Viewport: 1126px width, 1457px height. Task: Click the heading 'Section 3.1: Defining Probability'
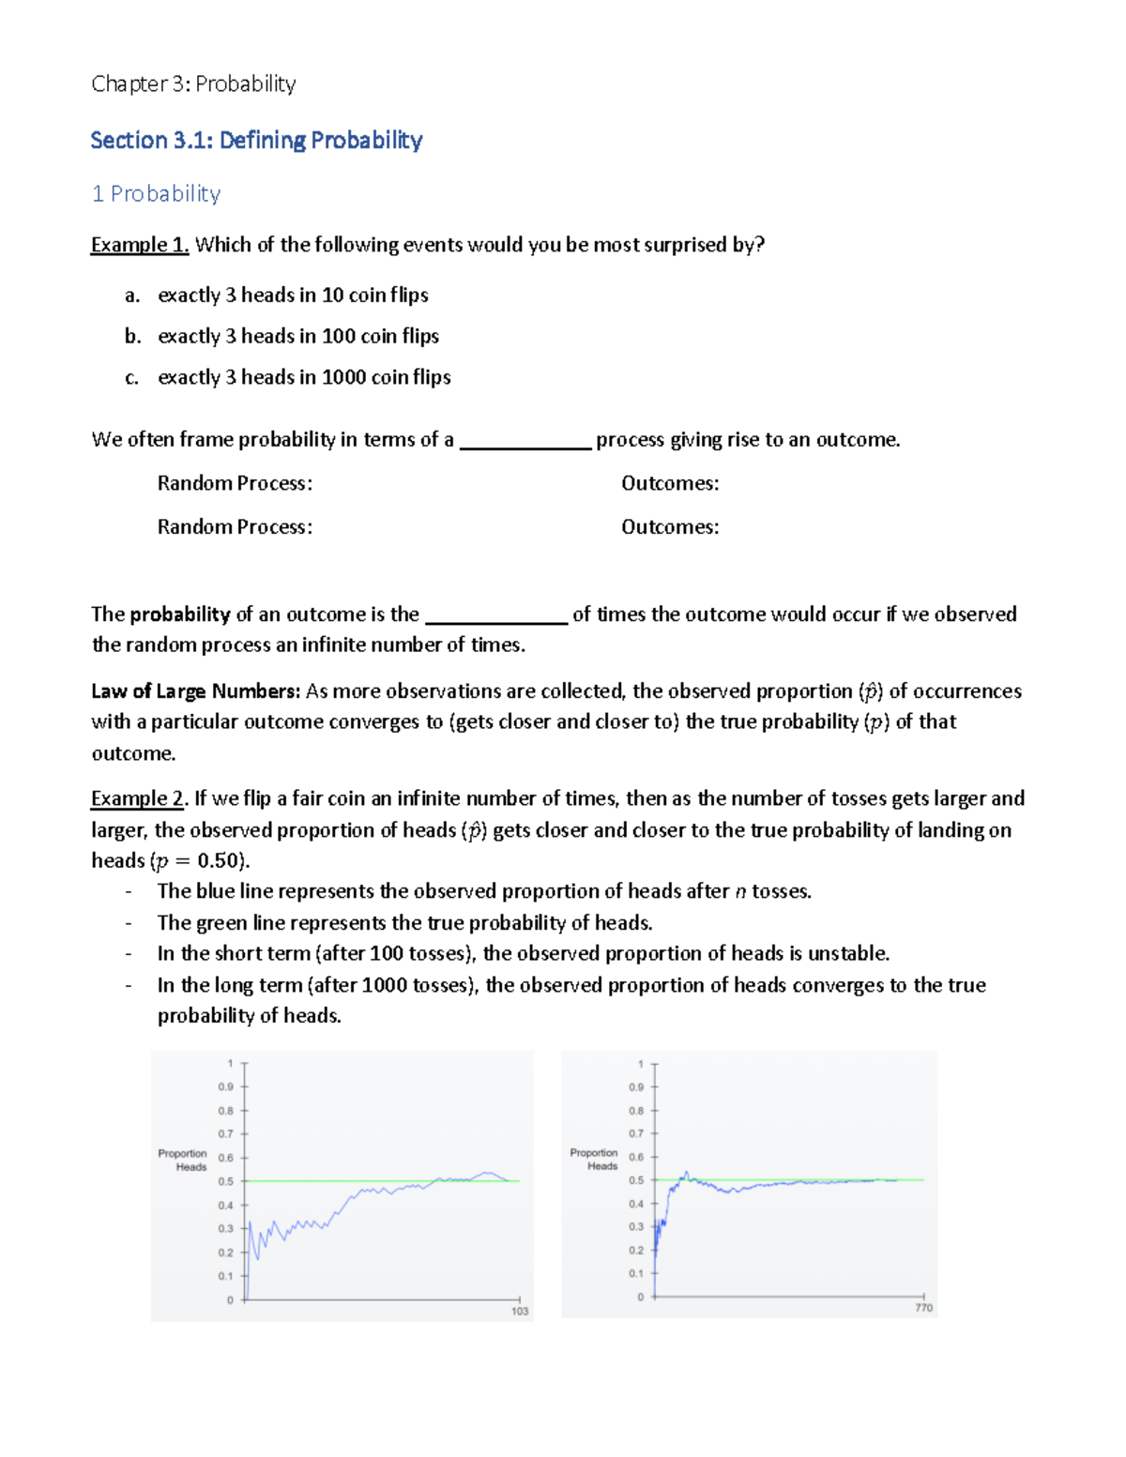coord(256,141)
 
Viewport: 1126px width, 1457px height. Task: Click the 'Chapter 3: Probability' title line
coord(193,84)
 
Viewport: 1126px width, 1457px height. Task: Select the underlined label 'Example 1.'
coord(140,245)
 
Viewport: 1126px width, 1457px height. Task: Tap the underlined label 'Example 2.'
coord(138,798)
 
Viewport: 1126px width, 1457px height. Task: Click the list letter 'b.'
coord(132,336)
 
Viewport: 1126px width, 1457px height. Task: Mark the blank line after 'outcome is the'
coord(496,616)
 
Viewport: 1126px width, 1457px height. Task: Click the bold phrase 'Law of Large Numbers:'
coord(195,691)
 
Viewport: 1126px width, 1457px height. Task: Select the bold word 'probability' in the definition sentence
coord(180,615)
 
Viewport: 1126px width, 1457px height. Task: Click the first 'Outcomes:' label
coord(670,483)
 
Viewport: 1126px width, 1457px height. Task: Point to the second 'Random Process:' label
coord(235,527)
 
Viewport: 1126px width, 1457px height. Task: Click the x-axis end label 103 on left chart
coord(520,1311)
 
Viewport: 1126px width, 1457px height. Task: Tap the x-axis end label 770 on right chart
coord(923,1307)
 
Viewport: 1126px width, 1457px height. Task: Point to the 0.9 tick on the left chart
coord(226,1086)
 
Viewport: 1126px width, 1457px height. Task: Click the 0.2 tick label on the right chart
coord(636,1250)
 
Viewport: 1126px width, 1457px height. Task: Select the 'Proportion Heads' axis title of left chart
coord(183,1161)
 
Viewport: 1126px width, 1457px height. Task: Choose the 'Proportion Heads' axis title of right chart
coord(594,1160)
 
